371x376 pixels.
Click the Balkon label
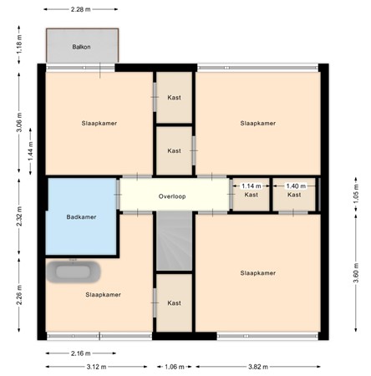81,48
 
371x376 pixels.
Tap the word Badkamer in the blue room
81,217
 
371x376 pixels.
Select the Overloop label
175,196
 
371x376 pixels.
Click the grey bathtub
74,272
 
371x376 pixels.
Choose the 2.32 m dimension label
18,218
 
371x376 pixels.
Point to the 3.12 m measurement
92,366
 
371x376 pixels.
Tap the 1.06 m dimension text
174,366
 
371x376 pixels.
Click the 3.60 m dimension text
355,272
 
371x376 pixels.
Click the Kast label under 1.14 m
252,195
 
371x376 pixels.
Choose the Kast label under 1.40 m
294,195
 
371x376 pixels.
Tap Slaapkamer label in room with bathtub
103,295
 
